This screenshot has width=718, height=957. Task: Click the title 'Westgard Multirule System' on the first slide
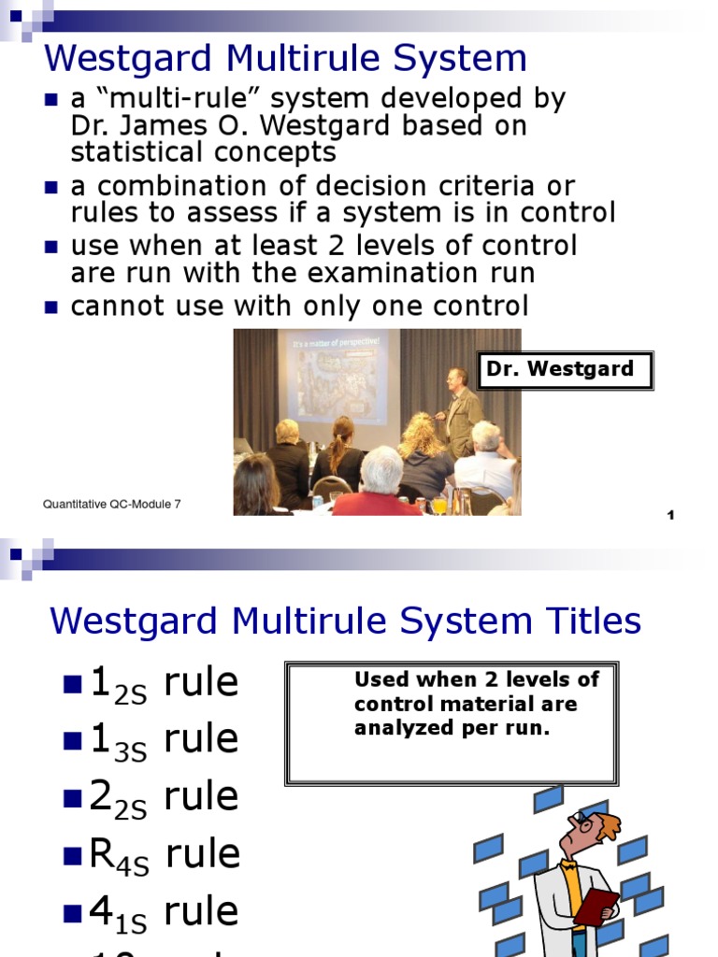tap(285, 59)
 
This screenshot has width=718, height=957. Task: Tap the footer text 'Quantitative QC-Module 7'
tap(112, 505)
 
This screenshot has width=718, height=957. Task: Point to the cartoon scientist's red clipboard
tap(596, 907)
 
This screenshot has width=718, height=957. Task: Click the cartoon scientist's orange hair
tap(608, 825)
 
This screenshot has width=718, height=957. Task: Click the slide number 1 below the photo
tap(670, 516)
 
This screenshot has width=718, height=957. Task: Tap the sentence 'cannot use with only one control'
tap(299, 306)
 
